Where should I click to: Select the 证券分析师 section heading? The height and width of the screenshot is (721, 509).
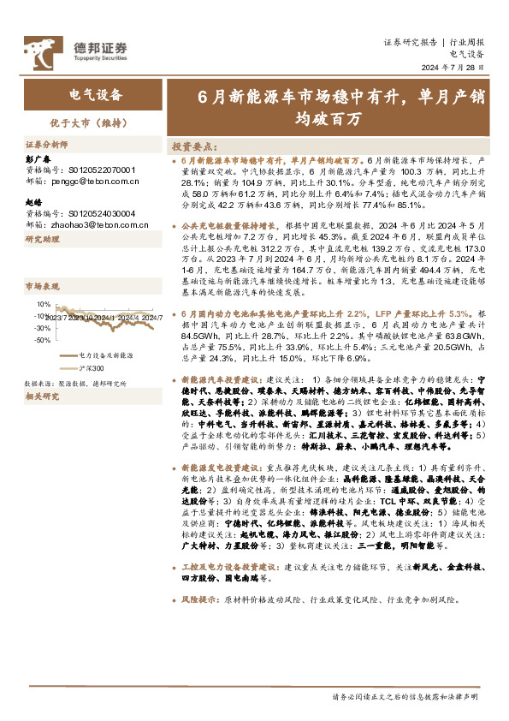tap(45, 145)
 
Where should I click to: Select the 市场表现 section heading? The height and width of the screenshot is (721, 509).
tap(39, 285)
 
